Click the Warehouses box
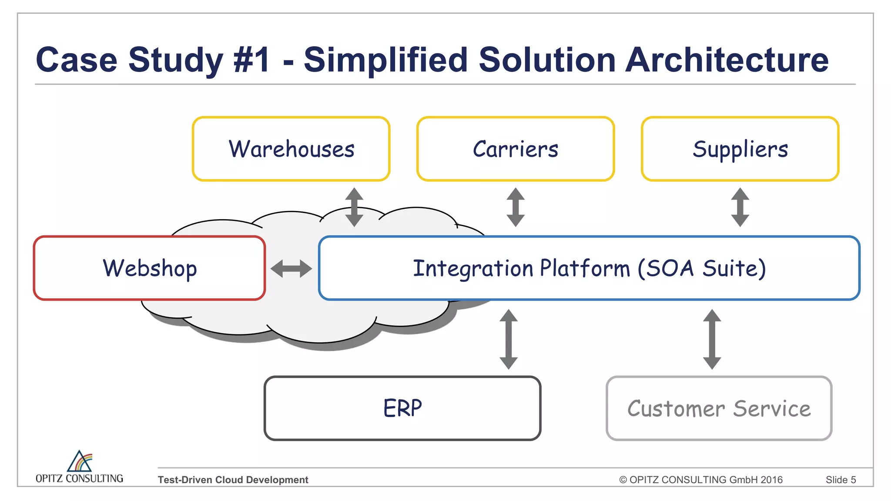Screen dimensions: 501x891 click(x=291, y=149)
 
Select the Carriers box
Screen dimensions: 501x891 click(x=515, y=149)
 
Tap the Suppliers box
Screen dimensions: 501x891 click(x=740, y=149)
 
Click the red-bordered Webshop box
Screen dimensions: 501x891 click(x=149, y=268)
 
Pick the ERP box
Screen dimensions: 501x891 click(x=402, y=408)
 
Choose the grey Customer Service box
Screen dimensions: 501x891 click(x=719, y=408)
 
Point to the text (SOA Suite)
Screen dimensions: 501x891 click(x=701, y=268)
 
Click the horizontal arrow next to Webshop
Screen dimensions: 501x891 click(x=291, y=268)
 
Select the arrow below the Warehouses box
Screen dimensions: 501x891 click(x=354, y=207)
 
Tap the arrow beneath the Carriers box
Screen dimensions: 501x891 click(x=516, y=207)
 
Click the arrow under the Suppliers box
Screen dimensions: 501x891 click(x=740, y=207)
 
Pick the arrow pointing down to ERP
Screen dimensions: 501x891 click(x=509, y=339)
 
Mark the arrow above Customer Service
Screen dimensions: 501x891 click(x=712, y=339)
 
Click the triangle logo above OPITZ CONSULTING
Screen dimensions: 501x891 click(x=80, y=461)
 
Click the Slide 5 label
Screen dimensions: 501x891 click(x=841, y=480)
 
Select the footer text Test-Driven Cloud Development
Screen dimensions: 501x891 click(x=233, y=480)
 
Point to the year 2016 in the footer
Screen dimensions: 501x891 click(x=772, y=480)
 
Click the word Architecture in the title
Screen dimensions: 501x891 click(x=727, y=60)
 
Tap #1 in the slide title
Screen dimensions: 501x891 click(x=252, y=60)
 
